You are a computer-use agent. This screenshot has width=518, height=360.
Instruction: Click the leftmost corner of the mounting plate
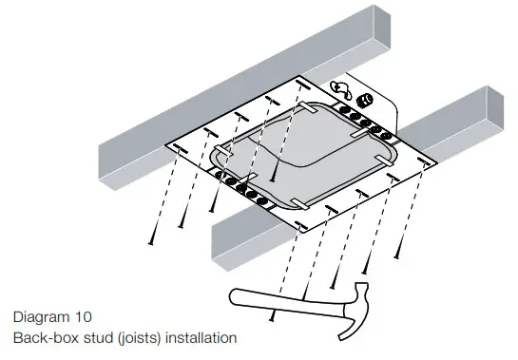point(168,146)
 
